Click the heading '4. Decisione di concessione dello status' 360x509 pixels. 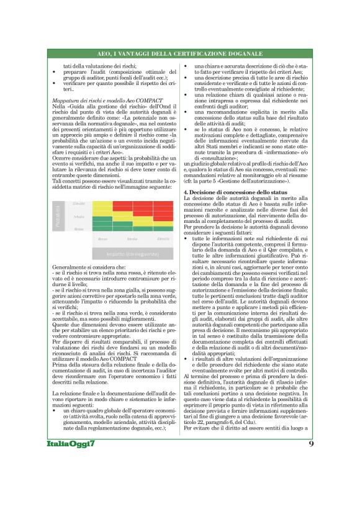click(236, 196)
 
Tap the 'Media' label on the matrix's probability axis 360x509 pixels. click(79, 217)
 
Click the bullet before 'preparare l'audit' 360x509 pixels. click(55, 73)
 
